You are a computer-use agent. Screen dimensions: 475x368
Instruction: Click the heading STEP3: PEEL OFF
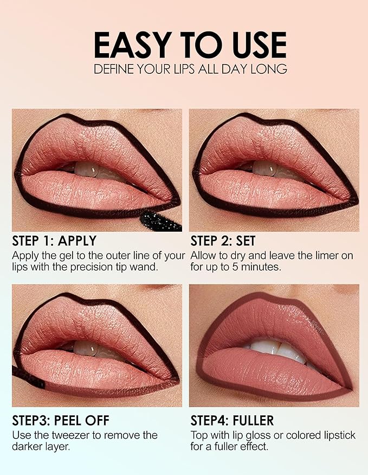pyautogui.click(x=61, y=421)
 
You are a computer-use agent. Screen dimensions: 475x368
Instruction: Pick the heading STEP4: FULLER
pyautogui.click(x=232, y=421)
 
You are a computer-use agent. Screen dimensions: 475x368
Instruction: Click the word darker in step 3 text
pyautogui.click(x=30, y=447)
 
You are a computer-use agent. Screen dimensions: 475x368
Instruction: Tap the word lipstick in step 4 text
pyautogui.click(x=339, y=435)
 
